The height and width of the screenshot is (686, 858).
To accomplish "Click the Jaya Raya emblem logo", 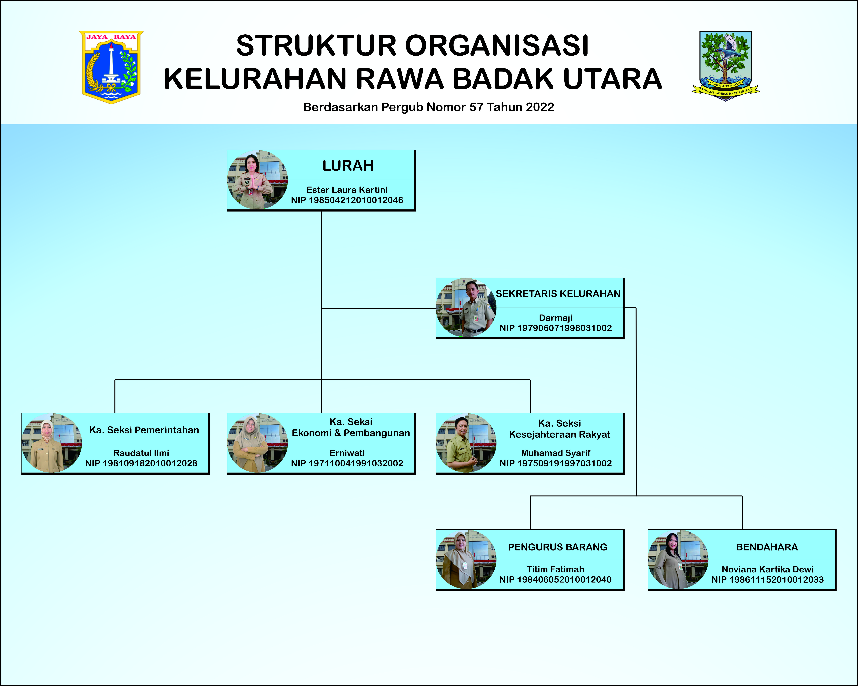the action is click(111, 67).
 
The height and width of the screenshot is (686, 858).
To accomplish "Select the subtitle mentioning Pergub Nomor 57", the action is click(429, 107).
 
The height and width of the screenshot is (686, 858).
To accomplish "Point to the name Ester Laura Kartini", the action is click(347, 190).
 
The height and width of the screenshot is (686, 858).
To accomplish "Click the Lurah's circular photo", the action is click(257, 180).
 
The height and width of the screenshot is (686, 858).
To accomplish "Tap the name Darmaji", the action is click(556, 318).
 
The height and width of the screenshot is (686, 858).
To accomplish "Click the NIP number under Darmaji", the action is click(556, 328).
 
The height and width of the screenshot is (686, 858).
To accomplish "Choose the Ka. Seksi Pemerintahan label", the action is click(144, 430).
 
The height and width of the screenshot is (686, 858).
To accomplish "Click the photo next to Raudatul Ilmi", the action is click(52, 443).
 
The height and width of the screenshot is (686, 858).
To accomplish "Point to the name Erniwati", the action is click(347, 453).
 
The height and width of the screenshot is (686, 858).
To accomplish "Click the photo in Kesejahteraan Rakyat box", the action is click(466, 443).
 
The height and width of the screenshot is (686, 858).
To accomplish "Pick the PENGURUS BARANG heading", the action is click(558, 547).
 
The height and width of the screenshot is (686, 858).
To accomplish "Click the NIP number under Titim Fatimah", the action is click(556, 579).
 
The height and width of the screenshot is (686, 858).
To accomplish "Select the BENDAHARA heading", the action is click(767, 547).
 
